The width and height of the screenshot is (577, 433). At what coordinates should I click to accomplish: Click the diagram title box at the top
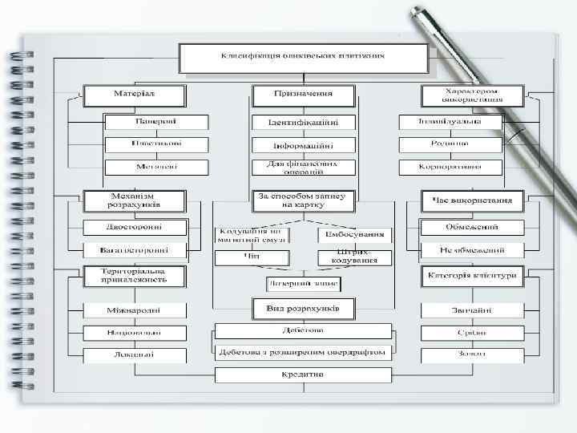tap(303, 57)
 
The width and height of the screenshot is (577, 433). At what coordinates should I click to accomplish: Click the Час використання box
tap(472, 200)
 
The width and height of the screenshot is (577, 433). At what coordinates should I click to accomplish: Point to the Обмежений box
tap(472, 227)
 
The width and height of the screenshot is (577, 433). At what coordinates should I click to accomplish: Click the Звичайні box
tap(472, 310)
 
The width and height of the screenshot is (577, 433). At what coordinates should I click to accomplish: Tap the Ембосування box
tap(355, 235)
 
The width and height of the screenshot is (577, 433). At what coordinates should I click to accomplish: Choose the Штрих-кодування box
tap(355, 257)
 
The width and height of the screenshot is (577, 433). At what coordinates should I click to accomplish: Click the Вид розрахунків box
tap(303, 308)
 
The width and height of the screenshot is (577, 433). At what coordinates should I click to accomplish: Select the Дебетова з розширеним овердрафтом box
tap(303, 351)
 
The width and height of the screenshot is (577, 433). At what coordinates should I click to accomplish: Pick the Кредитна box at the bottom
tap(303, 374)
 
